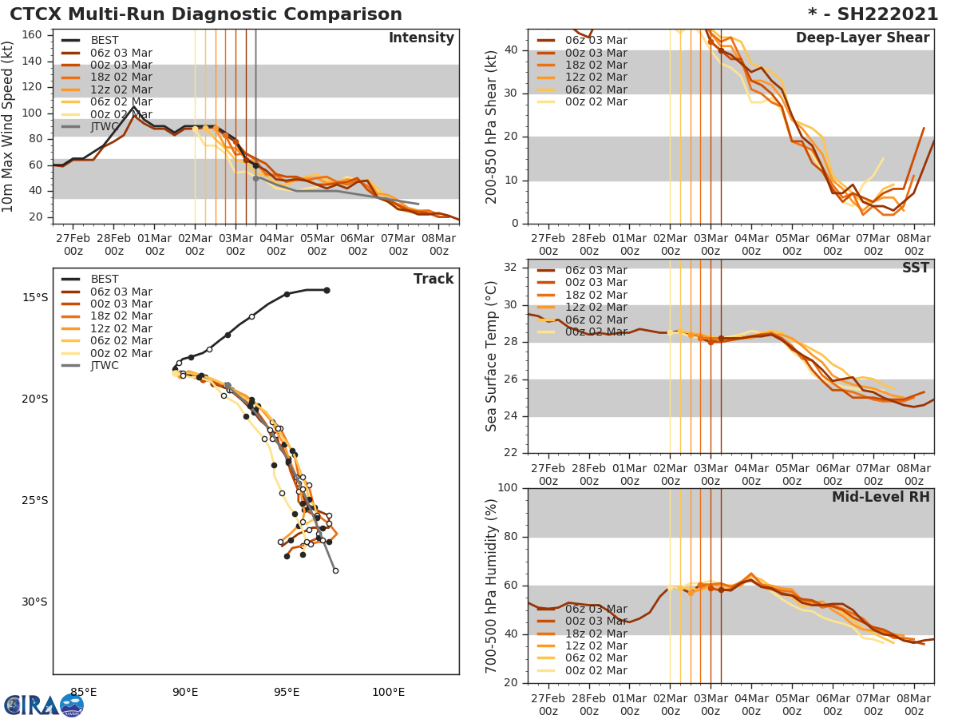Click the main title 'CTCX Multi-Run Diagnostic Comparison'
click(x=206, y=14)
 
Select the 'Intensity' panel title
click(x=421, y=38)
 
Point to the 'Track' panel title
click(x=433, y=279)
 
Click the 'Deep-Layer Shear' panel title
click(x=862, y=38)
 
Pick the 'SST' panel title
click(x=915, y=268)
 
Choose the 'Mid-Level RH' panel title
click(x=880, y=497)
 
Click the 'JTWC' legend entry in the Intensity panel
click(x=105, y=126)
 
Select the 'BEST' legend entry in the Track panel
click(x=105, y=279)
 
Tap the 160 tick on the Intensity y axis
click(x=32, y=35)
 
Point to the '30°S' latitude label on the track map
click(x=34, y=602)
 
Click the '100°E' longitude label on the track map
click(x=388, y=692)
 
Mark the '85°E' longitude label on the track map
click(x=84, y=692)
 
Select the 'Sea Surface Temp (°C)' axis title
click(x=492, y=356)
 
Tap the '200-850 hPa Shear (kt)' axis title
click(x=492, y=126)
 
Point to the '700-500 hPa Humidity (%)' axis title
click(x=492, y=586)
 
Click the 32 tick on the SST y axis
click(x=511, y=268)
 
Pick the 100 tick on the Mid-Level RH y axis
click(x=508, y=488)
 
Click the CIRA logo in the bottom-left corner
click(x=43, y=705)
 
